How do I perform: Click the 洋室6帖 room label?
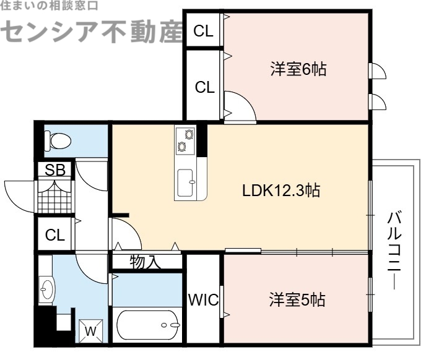pos(297,69)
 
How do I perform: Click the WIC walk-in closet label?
pos(203,301)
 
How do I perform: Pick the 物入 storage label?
pos(146,262)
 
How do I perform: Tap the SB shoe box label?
pos(56,169)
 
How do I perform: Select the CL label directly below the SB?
pos(54,235)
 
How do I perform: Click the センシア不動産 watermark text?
pos(93,31)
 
